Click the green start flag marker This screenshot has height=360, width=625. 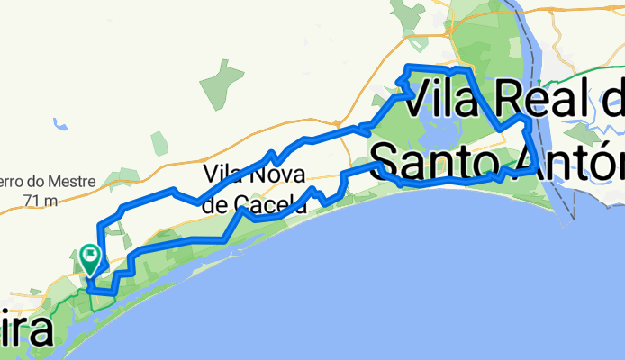click(x=91, y=258)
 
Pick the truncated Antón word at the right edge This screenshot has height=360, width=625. click(x=585, y=159)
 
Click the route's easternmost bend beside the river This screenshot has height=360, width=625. click(x=538, y=165)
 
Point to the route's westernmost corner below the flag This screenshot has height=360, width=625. click(x=88, y=290)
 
